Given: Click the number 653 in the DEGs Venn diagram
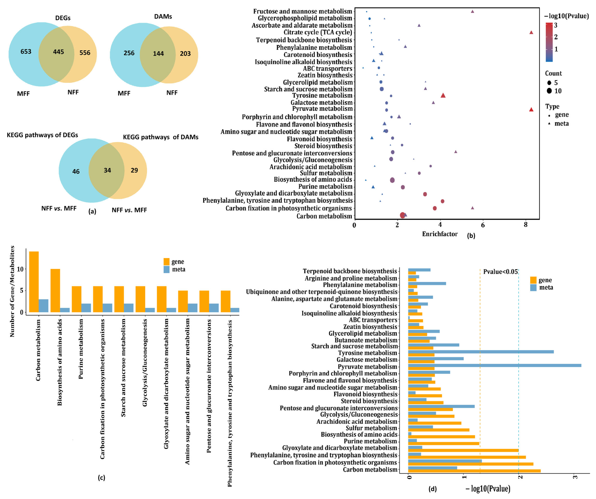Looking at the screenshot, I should click(26, 52).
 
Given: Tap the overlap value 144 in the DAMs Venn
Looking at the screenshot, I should click(158, 54).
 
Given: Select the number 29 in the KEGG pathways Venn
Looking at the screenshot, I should click(134, 170).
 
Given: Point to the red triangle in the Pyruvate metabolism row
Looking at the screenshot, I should click(531, 109).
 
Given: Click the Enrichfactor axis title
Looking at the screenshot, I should click(440, 234).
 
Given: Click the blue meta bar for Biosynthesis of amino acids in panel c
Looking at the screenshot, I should click(65, 310).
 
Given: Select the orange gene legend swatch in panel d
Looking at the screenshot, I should click(533, 280).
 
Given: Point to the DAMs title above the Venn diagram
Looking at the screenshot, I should click(163, 16).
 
